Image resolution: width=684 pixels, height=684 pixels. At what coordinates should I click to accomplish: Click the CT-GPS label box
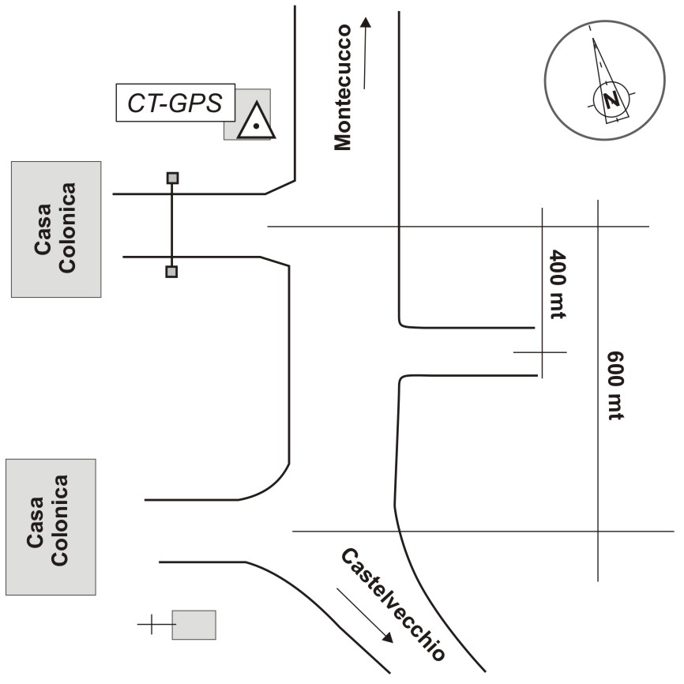(175, 103)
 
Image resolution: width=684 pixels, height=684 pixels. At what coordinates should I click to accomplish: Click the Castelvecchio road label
(393, 604)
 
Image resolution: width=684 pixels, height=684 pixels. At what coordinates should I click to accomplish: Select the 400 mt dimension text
(559, 284)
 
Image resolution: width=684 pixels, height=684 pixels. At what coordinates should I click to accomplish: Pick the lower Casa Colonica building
(51, 526)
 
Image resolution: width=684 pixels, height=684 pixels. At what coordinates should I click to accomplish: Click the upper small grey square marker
(172, 178)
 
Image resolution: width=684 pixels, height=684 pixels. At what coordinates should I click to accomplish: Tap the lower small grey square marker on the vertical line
(171, 272)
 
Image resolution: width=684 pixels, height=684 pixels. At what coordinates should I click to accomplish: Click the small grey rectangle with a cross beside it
(194, 625)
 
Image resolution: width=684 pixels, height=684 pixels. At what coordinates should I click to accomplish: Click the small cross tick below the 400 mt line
(540, 352)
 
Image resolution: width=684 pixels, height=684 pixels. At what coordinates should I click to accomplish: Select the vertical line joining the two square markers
(171, 225)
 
